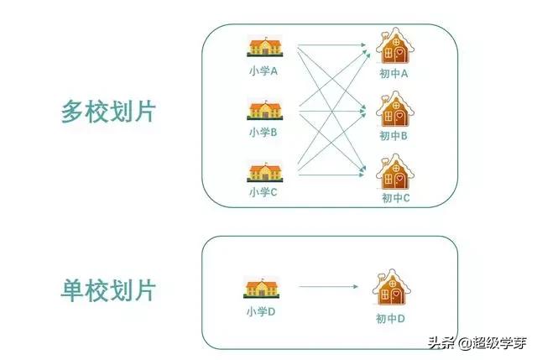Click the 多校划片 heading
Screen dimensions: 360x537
coord(109,112)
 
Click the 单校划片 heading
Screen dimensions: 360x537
coord(109,290)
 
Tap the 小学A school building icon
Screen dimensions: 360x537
coord(263,49)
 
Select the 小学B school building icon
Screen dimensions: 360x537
coord(263,110)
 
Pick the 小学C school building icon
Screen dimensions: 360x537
coord(263,171)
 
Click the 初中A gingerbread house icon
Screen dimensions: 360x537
coord(393,47)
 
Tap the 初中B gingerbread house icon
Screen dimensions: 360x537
coord(393,109)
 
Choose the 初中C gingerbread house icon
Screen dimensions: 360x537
coord(393,171)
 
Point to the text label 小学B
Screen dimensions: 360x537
coord(263,132)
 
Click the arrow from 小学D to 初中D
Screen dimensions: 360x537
coord(329,288)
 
